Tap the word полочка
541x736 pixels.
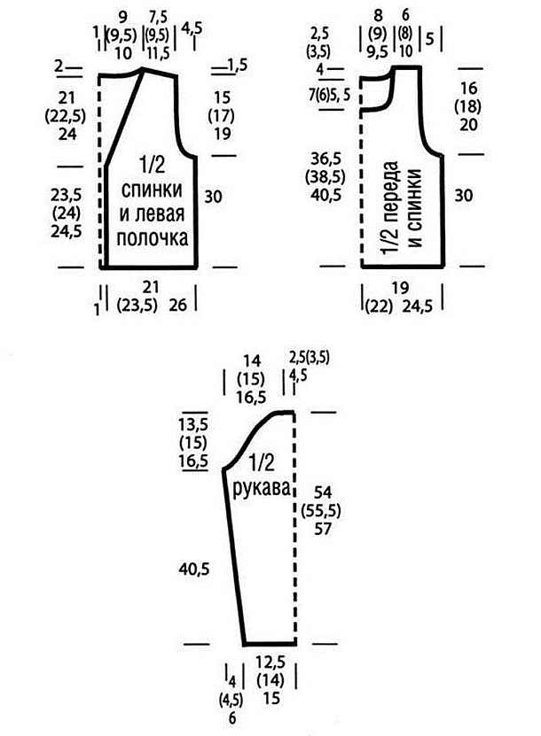click(153, 238)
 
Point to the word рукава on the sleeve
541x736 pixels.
click(262, 489)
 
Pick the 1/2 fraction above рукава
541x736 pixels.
click(262, 463)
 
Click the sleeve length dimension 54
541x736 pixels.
click(323, 492)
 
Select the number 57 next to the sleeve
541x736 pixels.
click(323, 529)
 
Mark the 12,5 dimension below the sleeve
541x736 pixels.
click(270, 662)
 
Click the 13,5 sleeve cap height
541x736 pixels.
click(192, 424)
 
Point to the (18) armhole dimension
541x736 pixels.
click(467, 106)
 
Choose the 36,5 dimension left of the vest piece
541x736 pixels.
click(325, 159)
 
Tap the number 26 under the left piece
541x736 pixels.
click(177, 305)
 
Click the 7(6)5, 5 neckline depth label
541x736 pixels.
click(329, 95)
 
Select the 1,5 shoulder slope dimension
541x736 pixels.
click(238, 66)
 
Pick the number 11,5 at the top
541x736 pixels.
click(158, 53)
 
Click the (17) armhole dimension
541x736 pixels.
click(222, 115)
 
